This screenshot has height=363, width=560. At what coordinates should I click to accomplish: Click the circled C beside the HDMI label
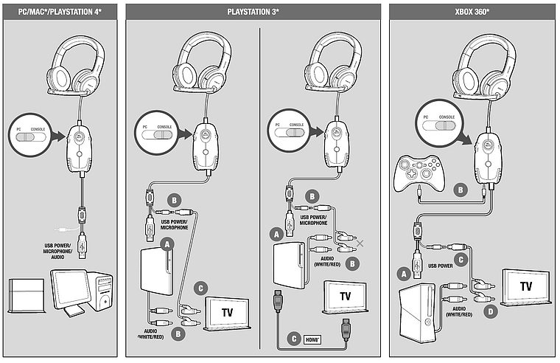click(x=295, y=339)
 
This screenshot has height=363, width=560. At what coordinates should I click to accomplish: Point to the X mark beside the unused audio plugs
click(x=360, y=243)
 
